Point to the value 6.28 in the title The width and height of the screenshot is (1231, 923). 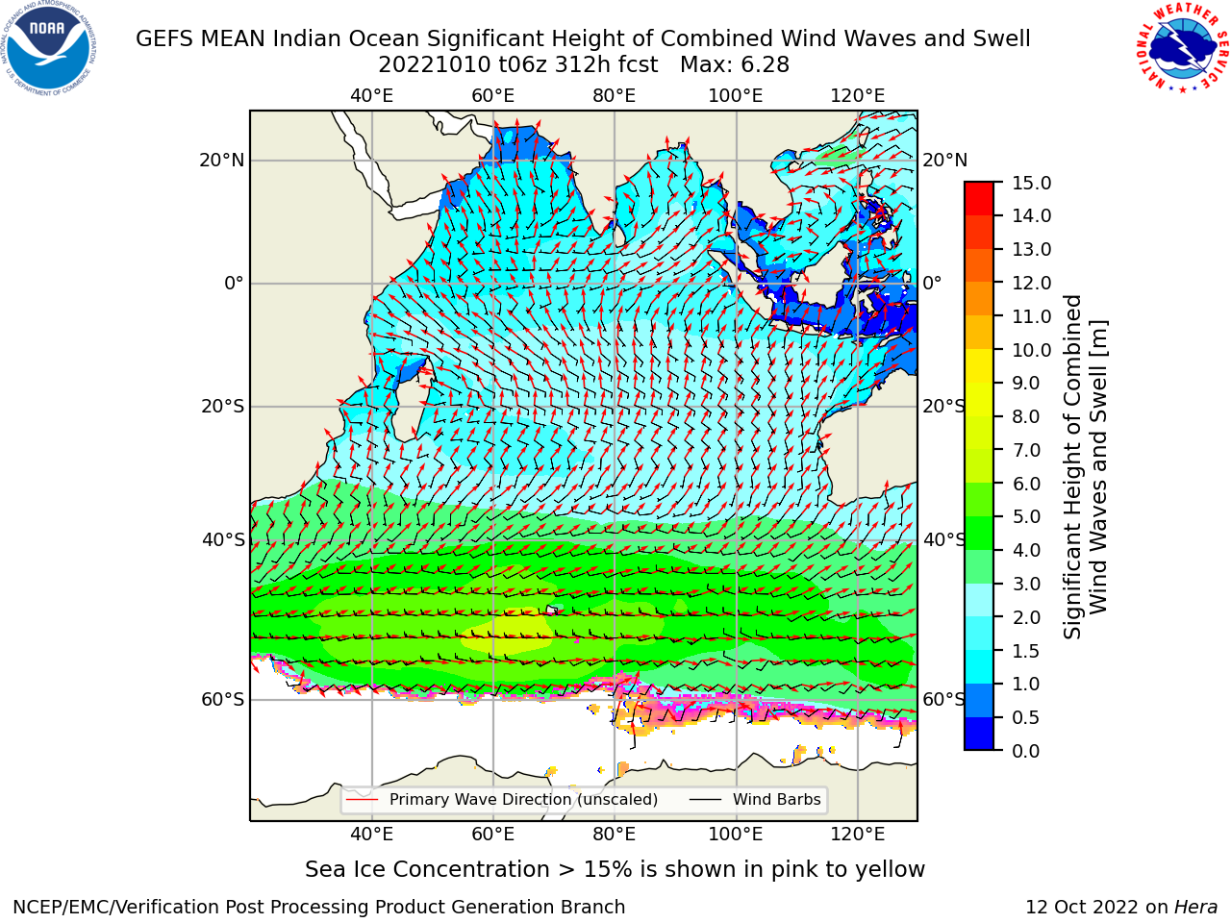tap(765, 65)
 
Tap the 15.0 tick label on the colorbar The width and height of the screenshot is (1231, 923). tap(1031, 183)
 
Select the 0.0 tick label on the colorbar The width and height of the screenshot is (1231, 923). tap(1026, 751)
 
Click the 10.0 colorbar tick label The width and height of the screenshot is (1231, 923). tap(1031, 350)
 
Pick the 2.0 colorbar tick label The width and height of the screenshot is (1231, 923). tap(1026, 617)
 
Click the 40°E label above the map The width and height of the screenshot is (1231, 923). tap(372, 96)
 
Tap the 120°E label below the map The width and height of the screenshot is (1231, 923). tap(858, 834)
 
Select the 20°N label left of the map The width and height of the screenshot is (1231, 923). tap(222, 161)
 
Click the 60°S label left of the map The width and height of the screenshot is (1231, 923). tap(223, 700)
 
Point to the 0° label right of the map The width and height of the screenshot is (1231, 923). tap(932, 283)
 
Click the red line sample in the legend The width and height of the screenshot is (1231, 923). tap(363, 800)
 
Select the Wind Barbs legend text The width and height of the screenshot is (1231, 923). tap(777, 800)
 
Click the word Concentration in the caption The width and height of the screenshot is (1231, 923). tap(471, 870)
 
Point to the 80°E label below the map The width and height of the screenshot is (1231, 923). tap(615, 834)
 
